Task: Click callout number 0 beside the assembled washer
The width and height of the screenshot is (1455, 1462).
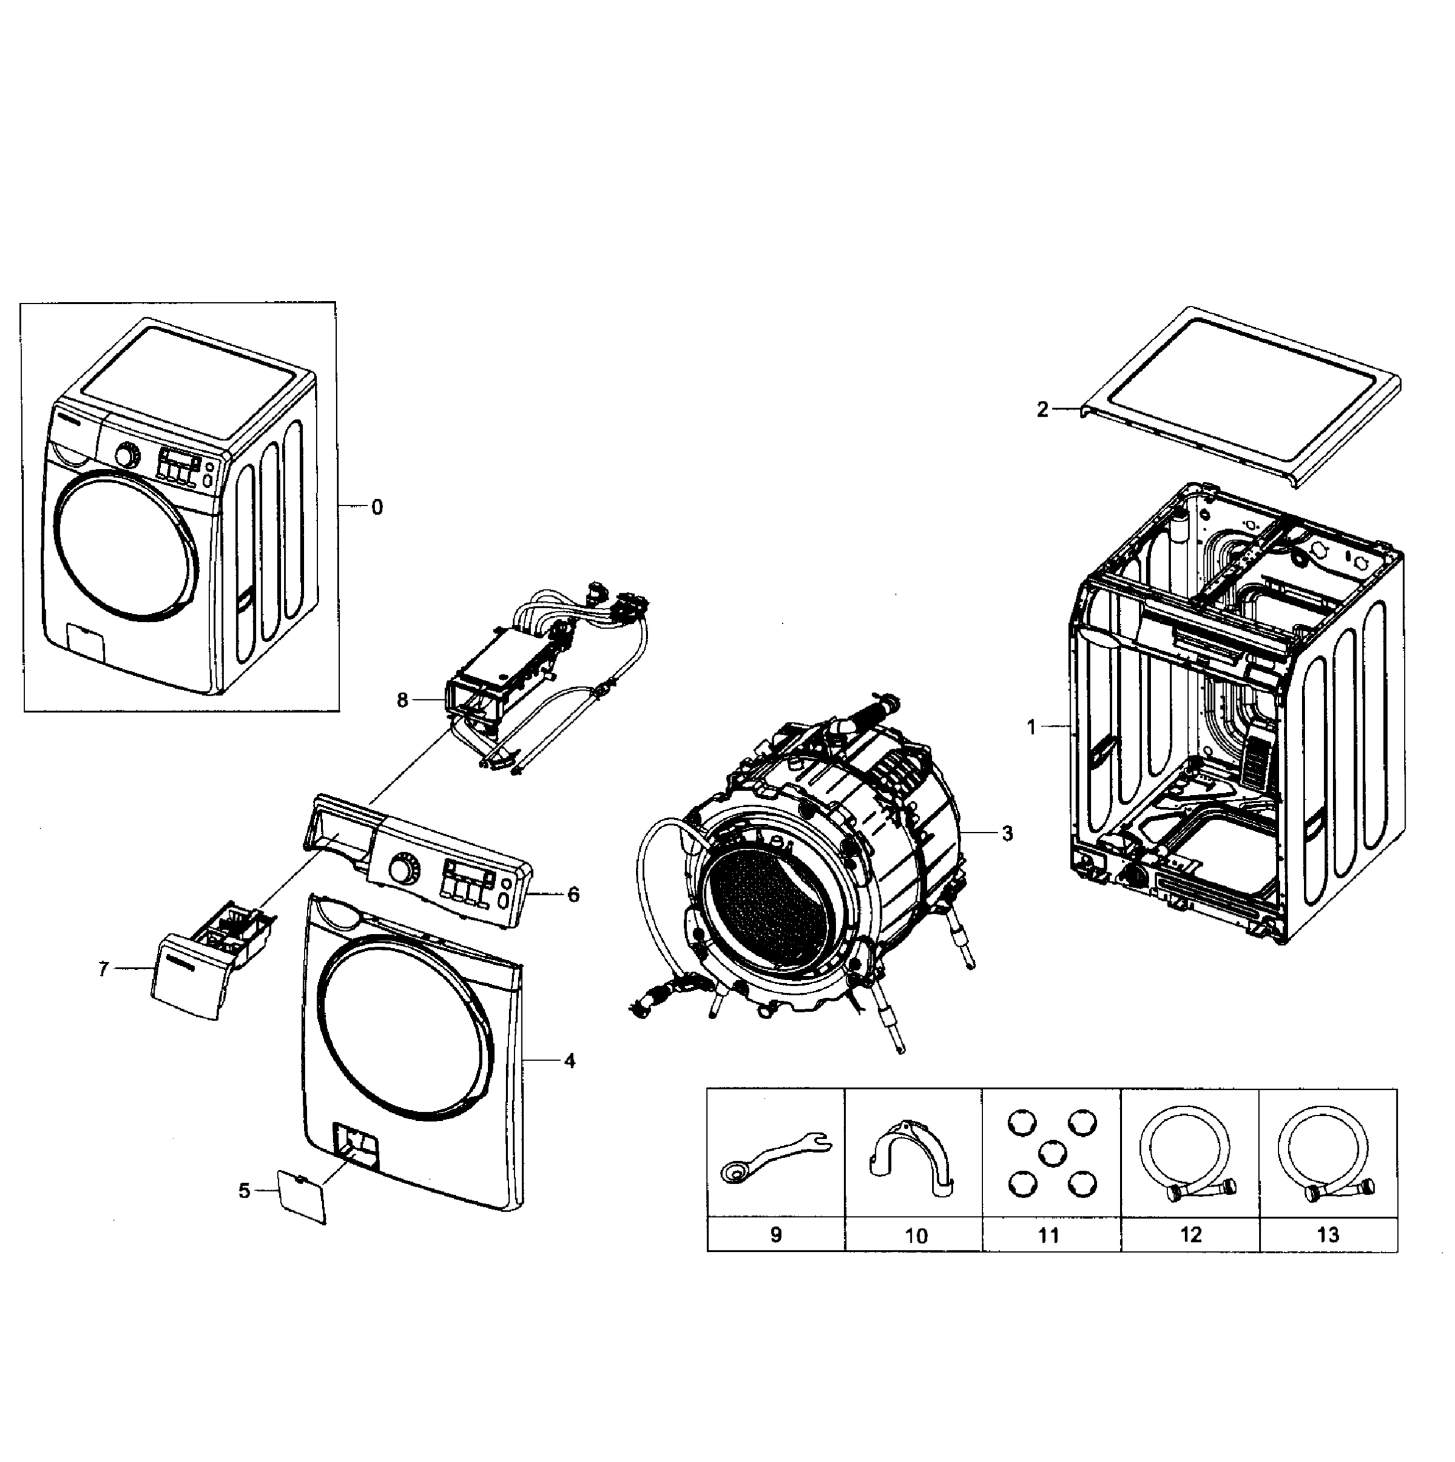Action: (377, 508)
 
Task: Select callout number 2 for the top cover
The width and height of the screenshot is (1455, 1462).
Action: (1042, 409)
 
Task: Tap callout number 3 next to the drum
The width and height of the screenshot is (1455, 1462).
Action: (1007, 833)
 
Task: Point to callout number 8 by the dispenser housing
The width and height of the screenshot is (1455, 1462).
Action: (402, 701)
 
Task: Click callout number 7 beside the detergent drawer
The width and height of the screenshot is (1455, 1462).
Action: (104, 969)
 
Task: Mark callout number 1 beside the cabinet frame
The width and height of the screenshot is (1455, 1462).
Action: (1030, 727)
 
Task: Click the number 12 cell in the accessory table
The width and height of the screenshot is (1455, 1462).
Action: (1190, 1234)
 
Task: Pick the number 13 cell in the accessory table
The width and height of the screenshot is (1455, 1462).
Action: (1328, 1234)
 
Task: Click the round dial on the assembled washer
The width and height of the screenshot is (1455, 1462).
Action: (127, 456)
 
